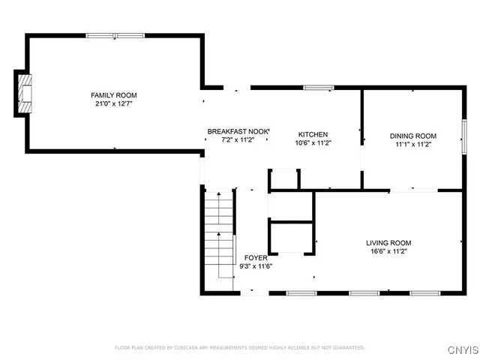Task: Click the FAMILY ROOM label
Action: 114,95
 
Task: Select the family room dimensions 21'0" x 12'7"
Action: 114,104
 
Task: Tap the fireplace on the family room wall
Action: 25,94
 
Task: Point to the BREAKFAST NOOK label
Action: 238,131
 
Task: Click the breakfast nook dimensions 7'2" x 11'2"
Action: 238,140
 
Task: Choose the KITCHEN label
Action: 313,134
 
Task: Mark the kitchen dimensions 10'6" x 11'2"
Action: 313,143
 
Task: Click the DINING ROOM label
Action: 412,136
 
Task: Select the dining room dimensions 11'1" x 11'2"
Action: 412,145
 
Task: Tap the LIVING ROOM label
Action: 388,243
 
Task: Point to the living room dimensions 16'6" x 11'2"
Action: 388,252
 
